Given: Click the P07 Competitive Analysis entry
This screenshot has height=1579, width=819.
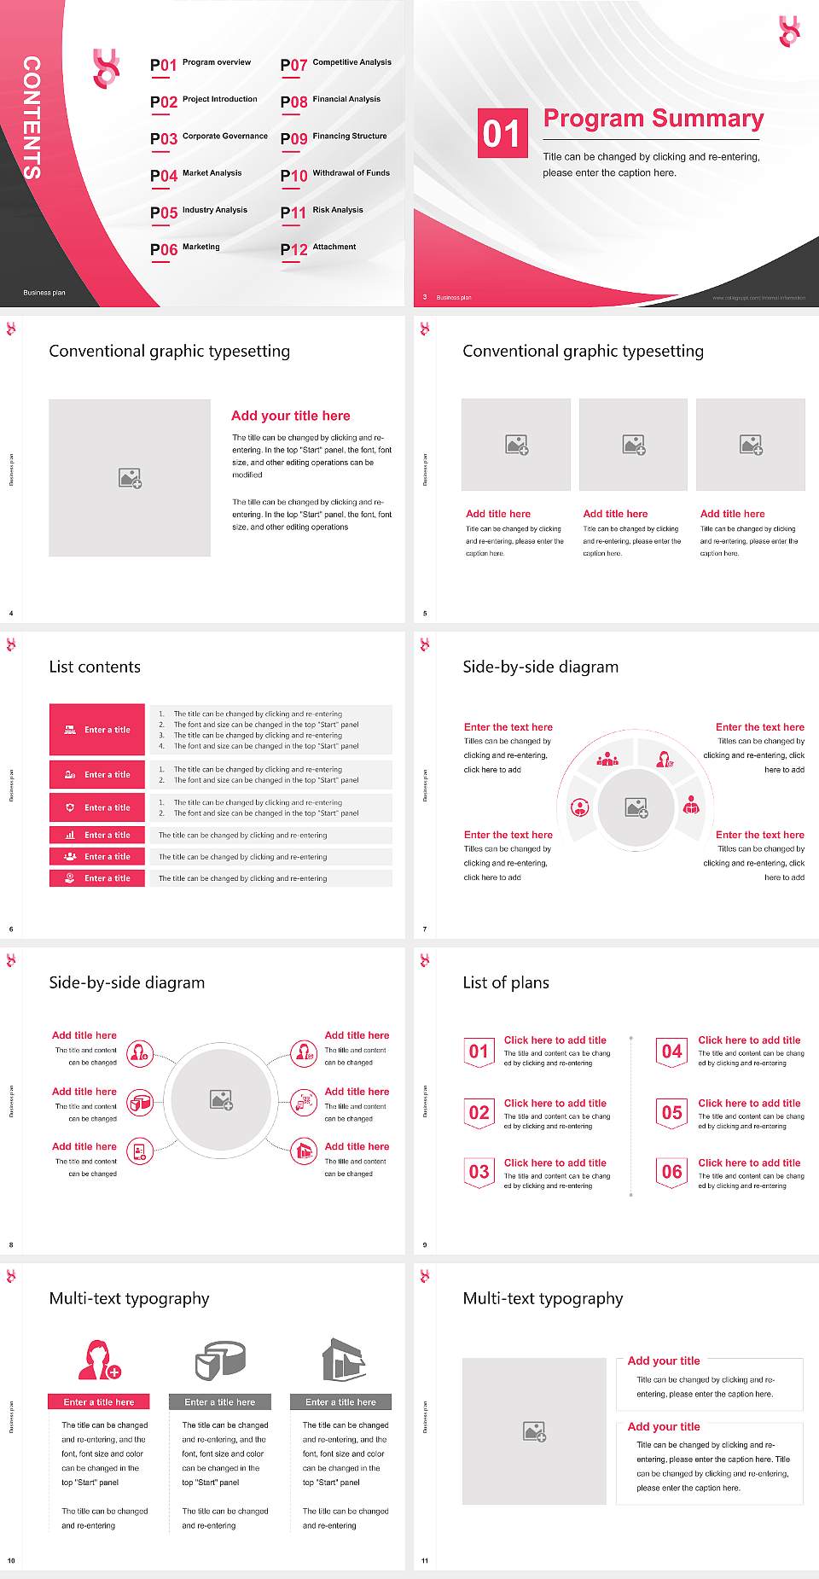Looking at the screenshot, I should point(335,64).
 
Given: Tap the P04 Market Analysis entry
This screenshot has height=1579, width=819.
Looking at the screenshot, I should point(196,175).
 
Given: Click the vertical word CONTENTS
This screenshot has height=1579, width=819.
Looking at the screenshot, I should point(32,118).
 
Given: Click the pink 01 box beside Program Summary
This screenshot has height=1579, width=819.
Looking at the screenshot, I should point(502,133).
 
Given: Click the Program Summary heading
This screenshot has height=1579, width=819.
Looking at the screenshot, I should point(653,119).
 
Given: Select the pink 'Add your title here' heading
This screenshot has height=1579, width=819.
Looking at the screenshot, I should point(290,416).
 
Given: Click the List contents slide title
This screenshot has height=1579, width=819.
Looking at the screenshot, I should point(95,667).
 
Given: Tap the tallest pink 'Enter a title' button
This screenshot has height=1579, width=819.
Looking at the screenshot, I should point(97,729).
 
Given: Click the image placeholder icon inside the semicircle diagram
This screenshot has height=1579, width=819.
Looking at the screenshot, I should point(636,807).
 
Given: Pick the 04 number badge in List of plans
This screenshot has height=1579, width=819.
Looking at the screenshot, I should point(671,1052).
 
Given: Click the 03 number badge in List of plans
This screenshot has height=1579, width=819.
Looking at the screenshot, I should point(479,1172).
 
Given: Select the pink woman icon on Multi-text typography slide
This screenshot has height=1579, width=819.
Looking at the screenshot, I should point(98,1360).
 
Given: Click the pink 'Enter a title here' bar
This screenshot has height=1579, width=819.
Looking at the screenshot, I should point(98,1401).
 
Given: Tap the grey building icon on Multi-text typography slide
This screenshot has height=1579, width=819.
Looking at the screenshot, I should point(343,1360).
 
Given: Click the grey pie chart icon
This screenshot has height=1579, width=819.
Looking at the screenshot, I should point(220,1360).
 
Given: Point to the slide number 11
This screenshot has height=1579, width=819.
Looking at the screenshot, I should point(425,1561).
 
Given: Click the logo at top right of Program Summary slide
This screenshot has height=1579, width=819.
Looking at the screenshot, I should point(789,32).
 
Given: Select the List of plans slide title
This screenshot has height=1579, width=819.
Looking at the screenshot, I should point(506,982).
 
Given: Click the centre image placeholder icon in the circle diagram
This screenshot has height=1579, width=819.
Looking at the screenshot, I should point(222,1100).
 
